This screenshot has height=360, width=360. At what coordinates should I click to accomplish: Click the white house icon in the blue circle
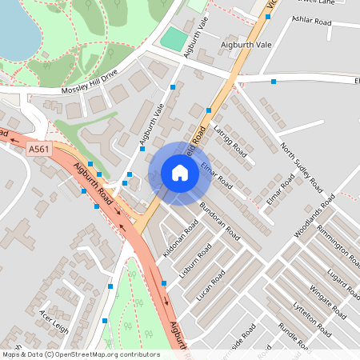[x=180, y=173]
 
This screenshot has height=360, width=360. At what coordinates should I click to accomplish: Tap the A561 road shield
[x=37, y=149]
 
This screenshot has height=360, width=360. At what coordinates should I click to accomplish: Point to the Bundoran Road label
[x=220, y=221]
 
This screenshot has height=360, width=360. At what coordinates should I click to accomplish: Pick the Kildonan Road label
[x=180, y=238]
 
